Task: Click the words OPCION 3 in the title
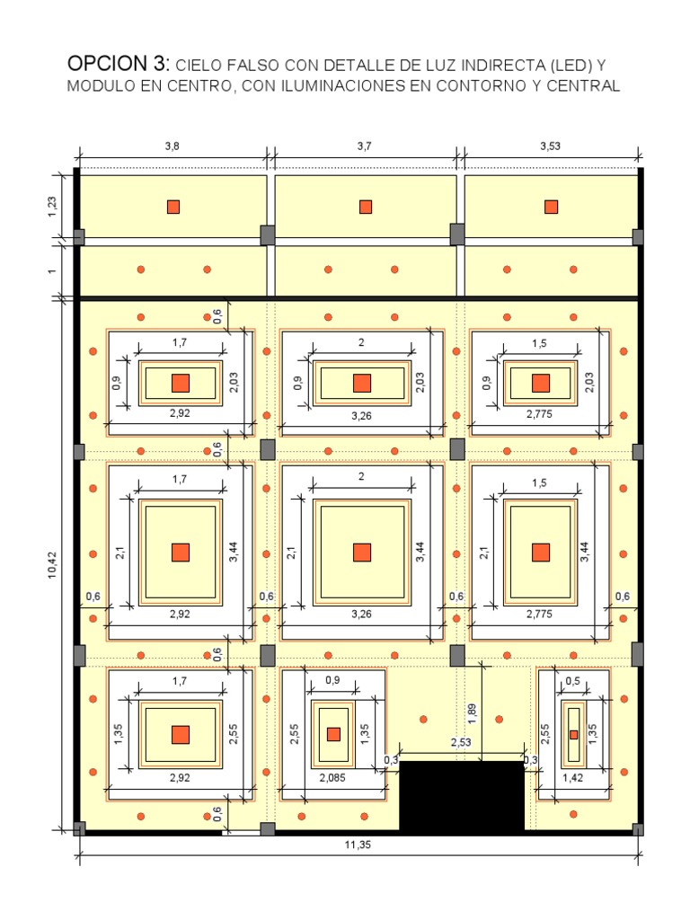pos(118,64)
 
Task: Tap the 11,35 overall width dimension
pos(358,845)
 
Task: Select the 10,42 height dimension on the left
pos(53,565)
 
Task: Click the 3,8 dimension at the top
pos(172,146)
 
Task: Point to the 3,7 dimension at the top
pos(365,146)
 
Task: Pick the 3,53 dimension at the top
pos(551,146)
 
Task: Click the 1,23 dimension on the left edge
pos(53,207)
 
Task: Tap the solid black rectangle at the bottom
pos(462,796)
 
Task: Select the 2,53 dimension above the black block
pos(461,742)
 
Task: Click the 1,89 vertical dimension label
pos(473,713)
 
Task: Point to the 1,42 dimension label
pos(572,778)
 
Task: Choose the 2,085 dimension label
pos(332,778)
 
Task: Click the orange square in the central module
pos(362,553)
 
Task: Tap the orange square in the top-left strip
pos(173,208)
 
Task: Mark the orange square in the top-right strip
pos(551,208)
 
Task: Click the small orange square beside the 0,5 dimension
pos(574,735)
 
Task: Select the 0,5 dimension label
pos(572,681)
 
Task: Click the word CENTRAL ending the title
pos(583,85)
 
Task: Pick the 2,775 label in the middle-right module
pos(539,615)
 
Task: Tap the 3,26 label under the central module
pos(361,615)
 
